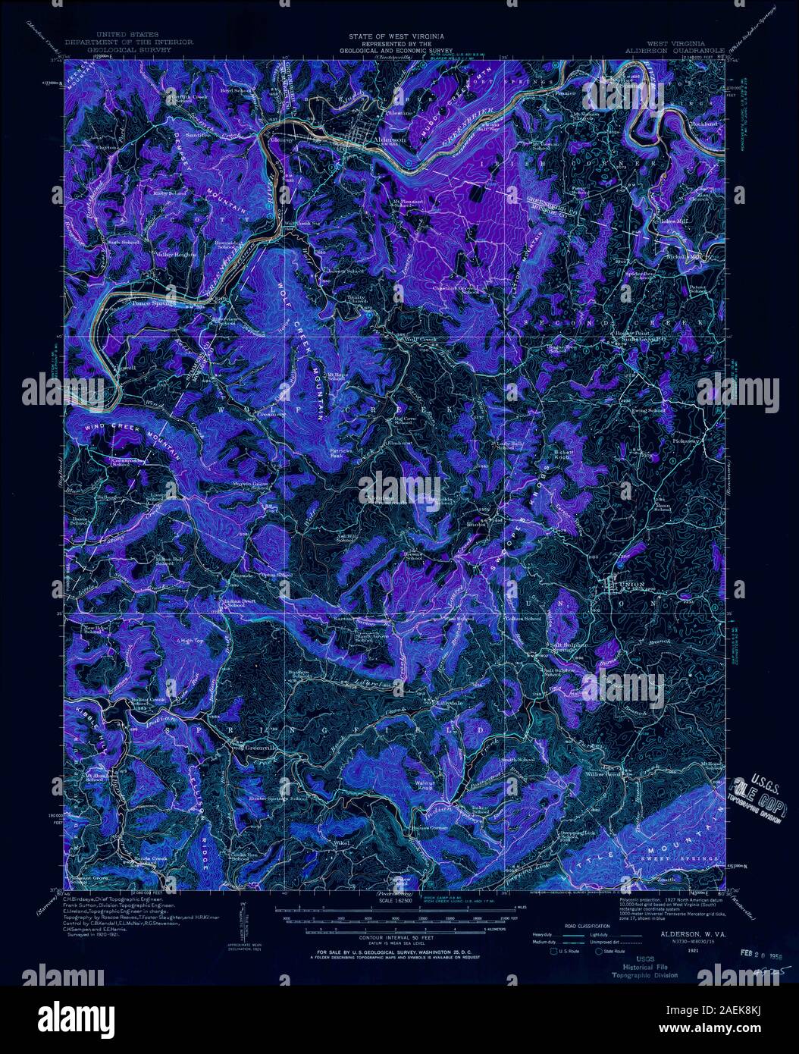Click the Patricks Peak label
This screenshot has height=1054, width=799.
340,453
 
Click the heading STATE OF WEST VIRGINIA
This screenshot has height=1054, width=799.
396,36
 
